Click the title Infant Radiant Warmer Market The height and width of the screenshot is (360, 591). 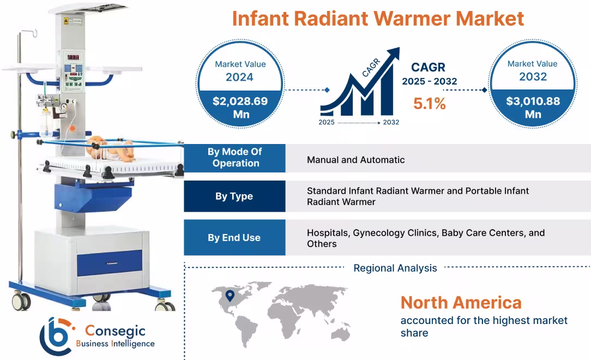pos(378,18)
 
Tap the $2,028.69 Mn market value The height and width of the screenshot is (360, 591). pos(240,107)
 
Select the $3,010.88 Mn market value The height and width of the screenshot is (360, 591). pos(533,107)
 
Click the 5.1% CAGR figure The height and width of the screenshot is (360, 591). pos(429,104)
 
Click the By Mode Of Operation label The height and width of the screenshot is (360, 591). pos(234,158)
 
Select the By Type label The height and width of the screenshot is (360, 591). pos(234,196)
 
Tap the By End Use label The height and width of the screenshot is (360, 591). pos(234,238)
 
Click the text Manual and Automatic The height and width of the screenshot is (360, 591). pos(355,160)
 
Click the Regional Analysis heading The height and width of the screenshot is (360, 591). pos(395,268)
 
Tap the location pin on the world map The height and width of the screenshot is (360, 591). pos(230,296)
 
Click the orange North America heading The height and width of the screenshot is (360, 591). pos(461,302)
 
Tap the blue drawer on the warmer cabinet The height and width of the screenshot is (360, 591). pos(109,262)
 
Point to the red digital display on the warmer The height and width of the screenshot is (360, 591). pos(73,57)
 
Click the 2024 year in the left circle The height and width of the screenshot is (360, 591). pos(240,77)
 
